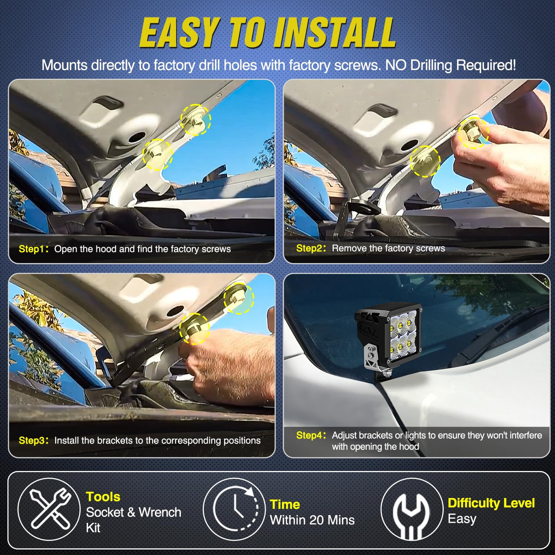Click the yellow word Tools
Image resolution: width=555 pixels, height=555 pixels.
click(103, 497)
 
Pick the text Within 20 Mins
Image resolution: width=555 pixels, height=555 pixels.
click(312, 520)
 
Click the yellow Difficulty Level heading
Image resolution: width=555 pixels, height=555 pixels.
click(491, 503)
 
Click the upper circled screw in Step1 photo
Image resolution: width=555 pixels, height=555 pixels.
click(196, 120)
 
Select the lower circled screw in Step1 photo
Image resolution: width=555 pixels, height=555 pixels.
click(158, 154)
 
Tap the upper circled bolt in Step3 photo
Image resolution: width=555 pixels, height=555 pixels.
click(239, 299)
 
